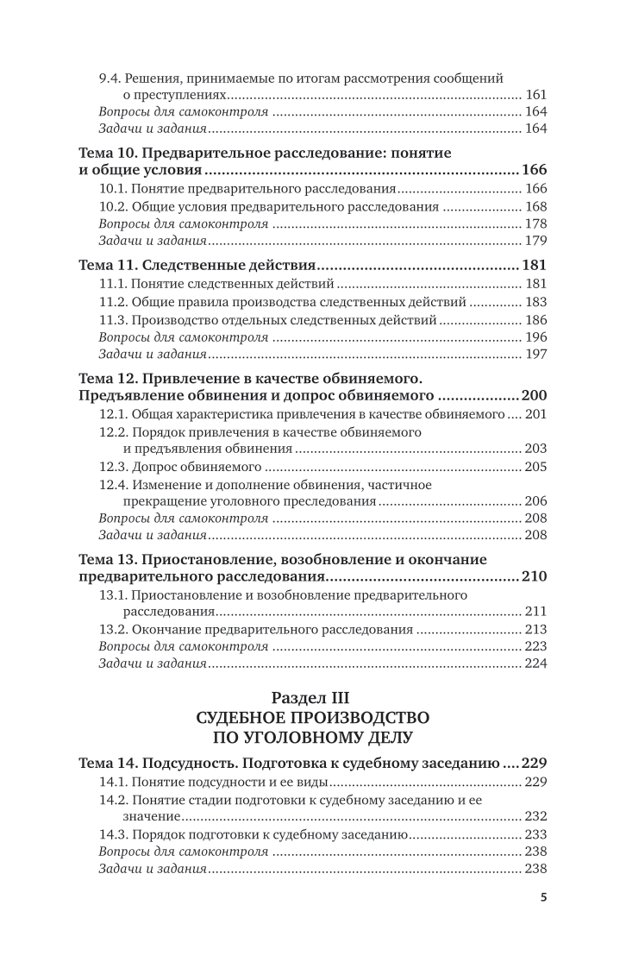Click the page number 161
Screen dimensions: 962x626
(x=535, y=95)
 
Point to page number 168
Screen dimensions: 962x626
(x=535, y=207)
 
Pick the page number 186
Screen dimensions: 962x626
(x=535, y=320)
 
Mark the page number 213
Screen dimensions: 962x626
(x=535, y=629)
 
